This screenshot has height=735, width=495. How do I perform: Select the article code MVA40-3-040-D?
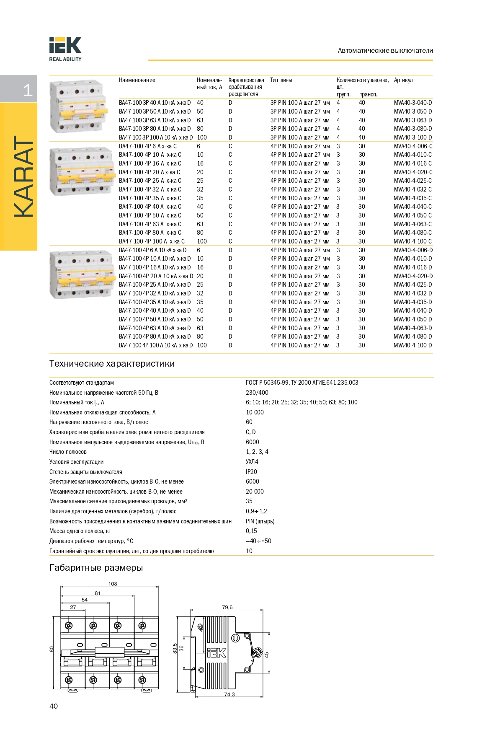[412, 103]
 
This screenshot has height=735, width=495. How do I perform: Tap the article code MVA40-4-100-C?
[412, 241]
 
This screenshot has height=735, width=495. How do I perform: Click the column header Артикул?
[403, 80]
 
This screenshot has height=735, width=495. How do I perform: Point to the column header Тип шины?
[281, 80]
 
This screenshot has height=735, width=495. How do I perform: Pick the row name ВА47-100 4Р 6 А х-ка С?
[147, 146]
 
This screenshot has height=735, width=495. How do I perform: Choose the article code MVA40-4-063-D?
[412, 328]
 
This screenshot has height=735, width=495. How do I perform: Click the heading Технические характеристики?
[112, 364]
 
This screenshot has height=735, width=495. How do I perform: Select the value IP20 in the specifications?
[251, 472]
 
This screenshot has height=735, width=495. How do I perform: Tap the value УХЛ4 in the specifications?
[252, 462]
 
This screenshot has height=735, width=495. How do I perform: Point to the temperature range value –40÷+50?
[258, 541]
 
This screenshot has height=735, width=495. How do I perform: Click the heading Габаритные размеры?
[96, 568]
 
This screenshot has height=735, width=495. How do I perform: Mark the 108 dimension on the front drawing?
[113, 584]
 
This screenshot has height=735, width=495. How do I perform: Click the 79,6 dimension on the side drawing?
[227, 607]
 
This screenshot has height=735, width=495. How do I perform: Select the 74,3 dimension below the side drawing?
[229, 694]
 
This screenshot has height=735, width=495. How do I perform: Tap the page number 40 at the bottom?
[54, 706]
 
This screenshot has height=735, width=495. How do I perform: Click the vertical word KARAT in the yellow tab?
[23, 176]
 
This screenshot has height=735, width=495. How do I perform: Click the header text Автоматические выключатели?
[385, 51]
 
